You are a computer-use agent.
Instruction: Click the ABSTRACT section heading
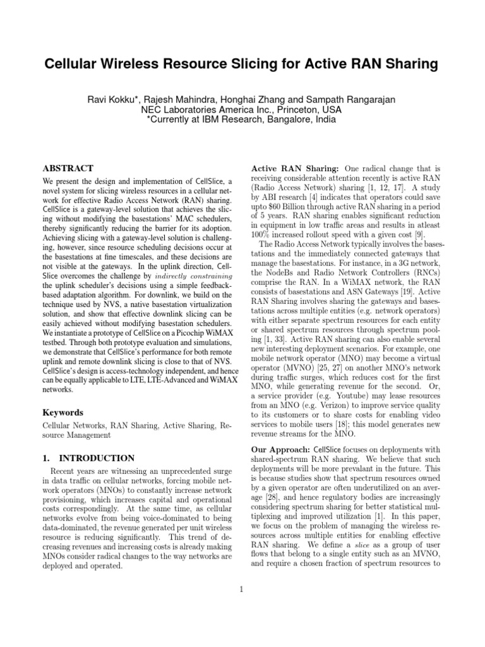(x=68, y=169)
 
